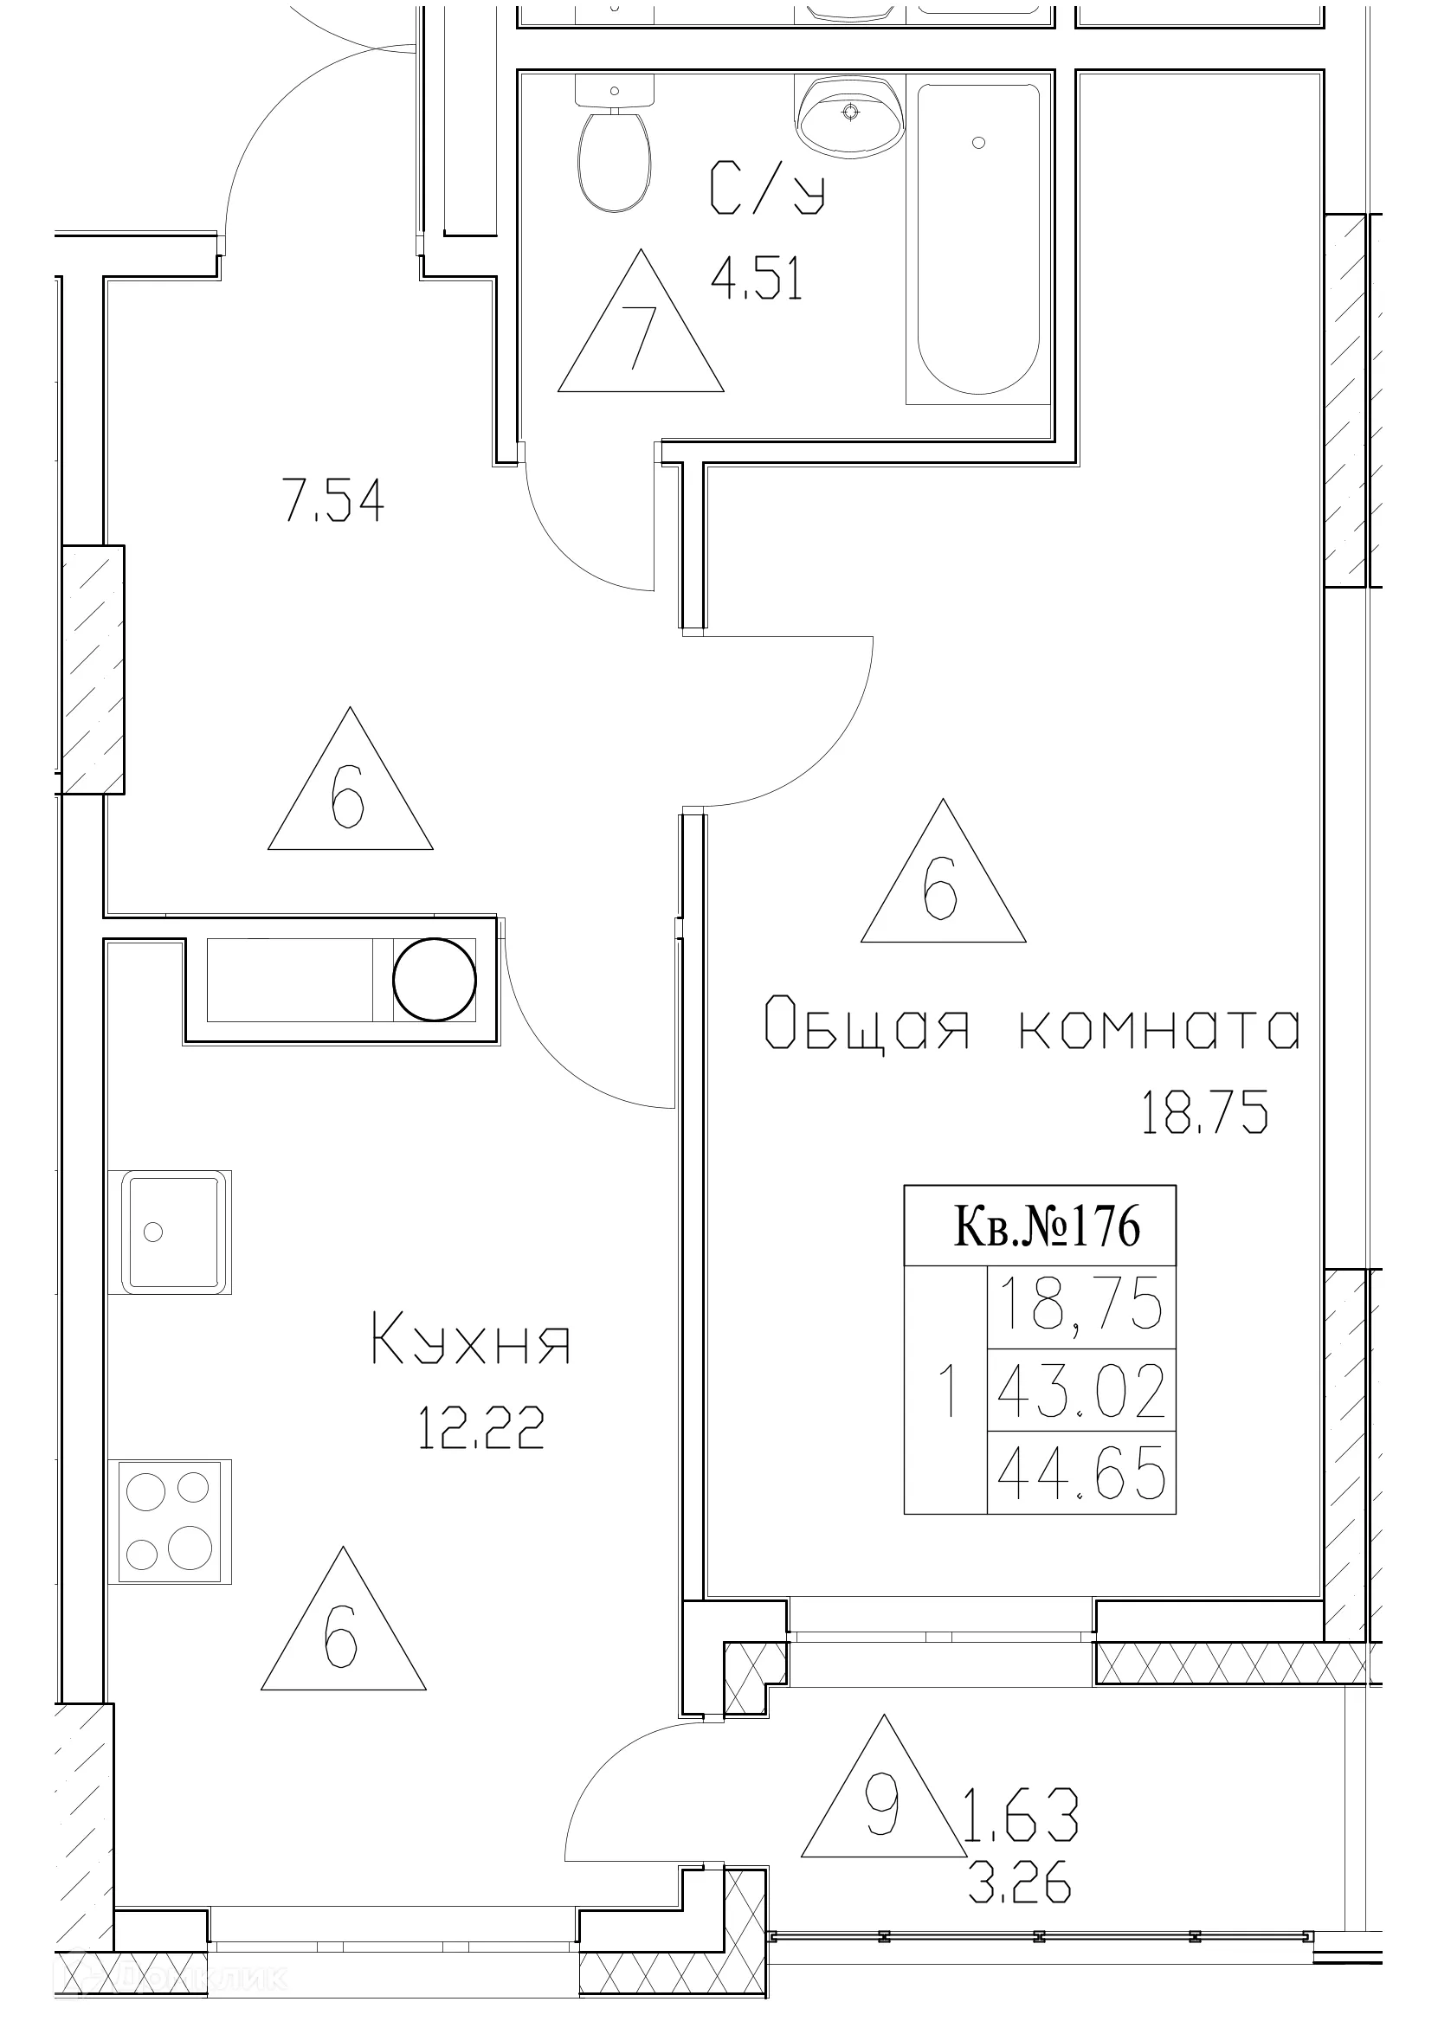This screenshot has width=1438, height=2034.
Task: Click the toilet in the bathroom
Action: pos(614,151)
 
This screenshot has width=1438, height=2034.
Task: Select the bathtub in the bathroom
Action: pos(978,239)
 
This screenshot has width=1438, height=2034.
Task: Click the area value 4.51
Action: pos(757,280)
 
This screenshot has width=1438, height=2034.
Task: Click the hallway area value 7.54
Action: pos(334,501)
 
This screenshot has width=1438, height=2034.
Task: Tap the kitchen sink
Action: pos(170,1232)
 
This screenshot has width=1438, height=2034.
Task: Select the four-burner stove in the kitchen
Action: pos(170,1520)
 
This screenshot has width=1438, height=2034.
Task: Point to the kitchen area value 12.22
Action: pos(480,1428)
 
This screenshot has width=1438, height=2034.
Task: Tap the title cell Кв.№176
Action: pos(1047,1227)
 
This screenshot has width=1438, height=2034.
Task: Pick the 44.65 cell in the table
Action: pos(1081,1477)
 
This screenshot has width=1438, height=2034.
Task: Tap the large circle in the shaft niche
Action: pos(434,980)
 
